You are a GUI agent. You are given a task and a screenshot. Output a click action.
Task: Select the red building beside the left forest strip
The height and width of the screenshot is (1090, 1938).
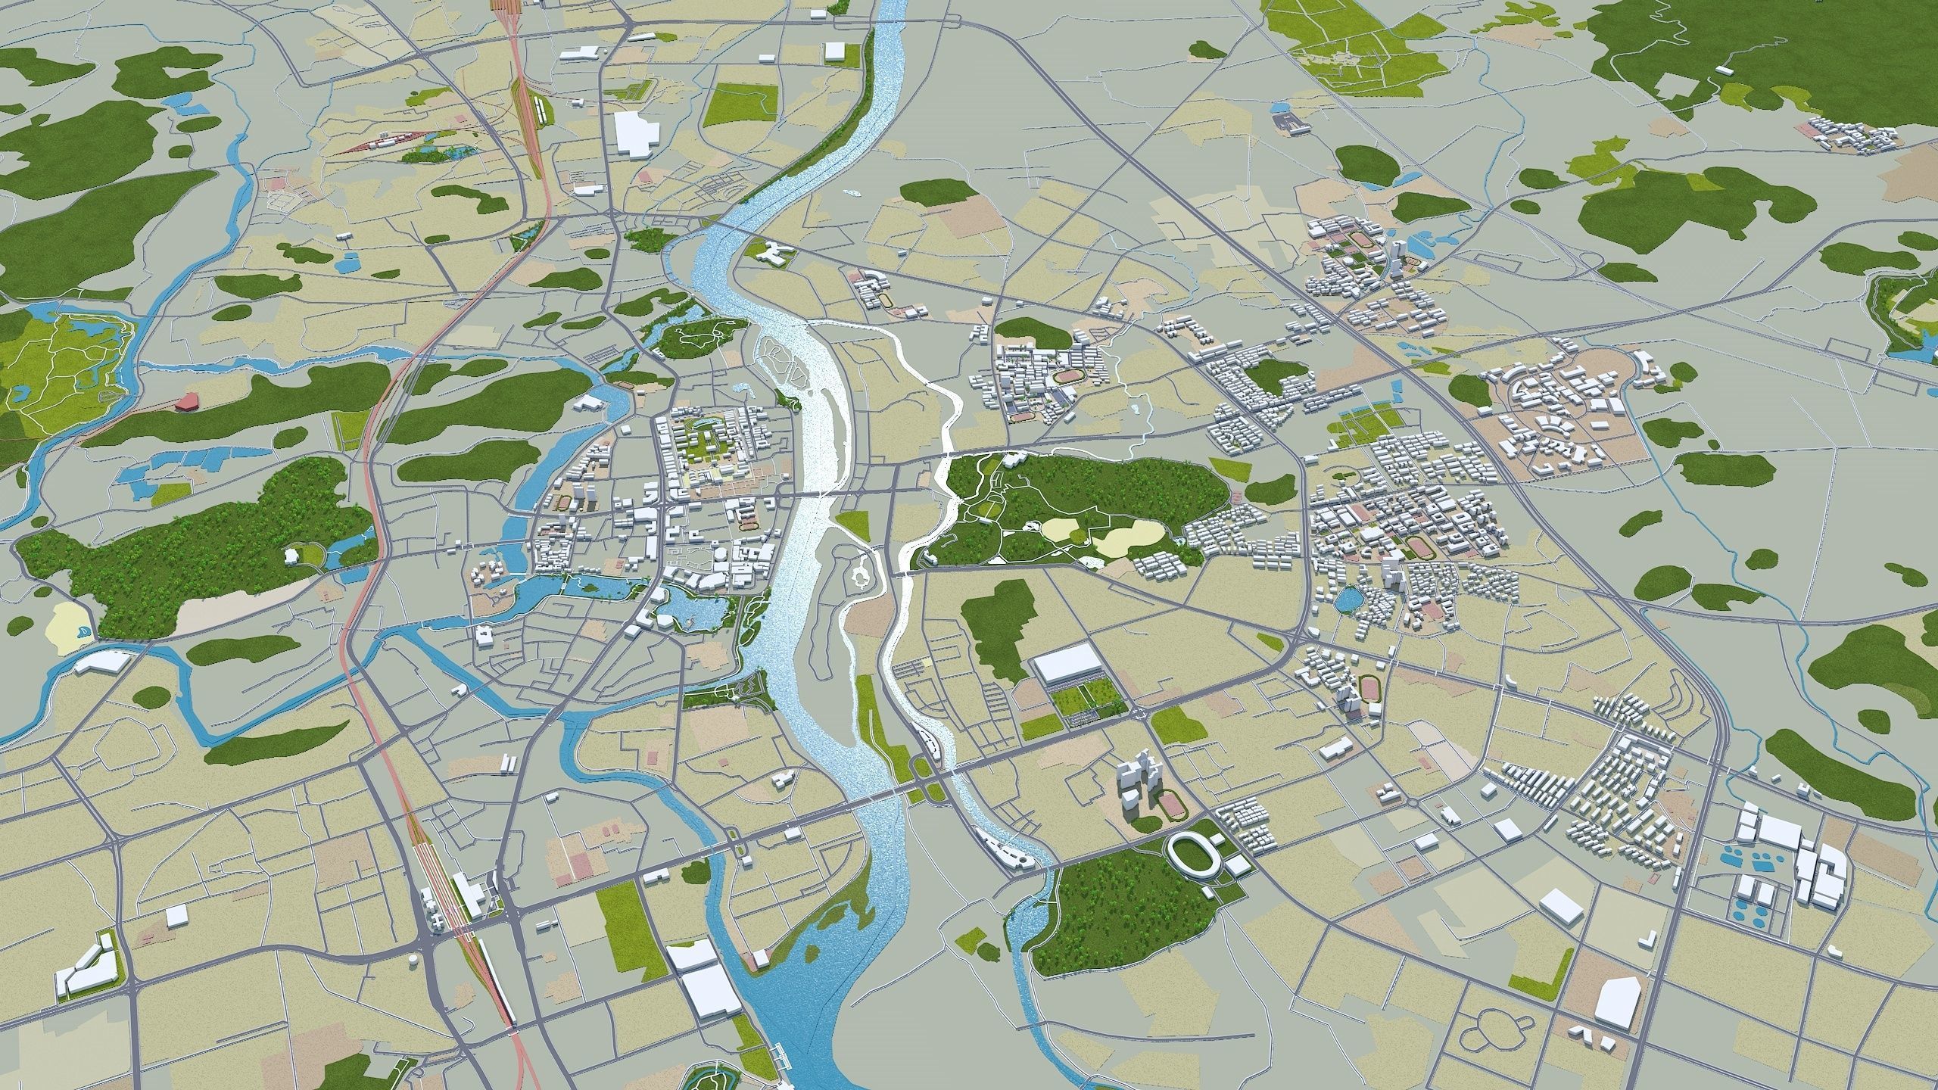[185, 402]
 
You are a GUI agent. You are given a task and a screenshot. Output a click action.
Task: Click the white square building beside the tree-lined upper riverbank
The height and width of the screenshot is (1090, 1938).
[834, 51]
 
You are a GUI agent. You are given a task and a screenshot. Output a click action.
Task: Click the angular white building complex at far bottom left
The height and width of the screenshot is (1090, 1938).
[85, 970]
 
